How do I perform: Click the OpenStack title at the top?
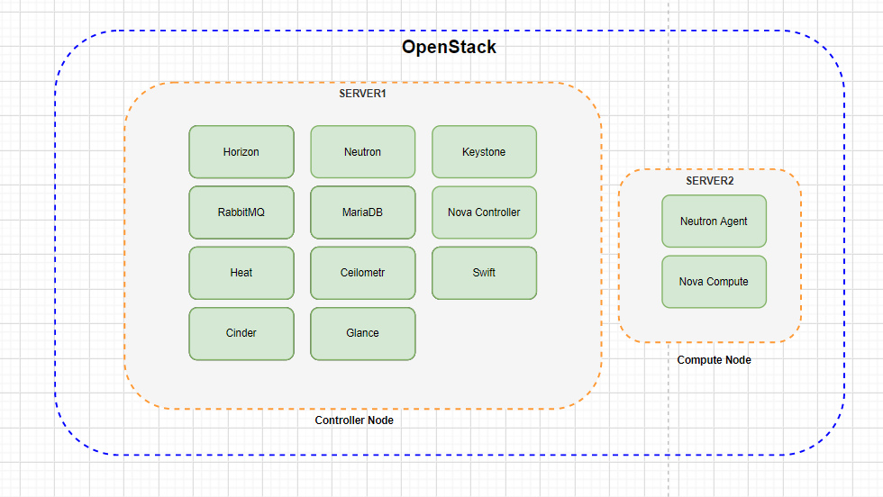pos(449,48)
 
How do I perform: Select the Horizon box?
pos(241,152)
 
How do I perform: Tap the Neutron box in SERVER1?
pos(362,152)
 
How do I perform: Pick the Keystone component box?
pos(484,152)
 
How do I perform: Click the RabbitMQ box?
pos(241,212)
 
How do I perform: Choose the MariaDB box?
pos(362,212)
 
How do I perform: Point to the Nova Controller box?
pos(484,212)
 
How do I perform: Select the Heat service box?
pos(241,273)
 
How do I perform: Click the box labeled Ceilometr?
pos(362,273)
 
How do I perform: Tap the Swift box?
pos(484,273)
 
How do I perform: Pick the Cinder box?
pos(241,333)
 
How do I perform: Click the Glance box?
pos(362,333)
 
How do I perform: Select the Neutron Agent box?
pos(714,221)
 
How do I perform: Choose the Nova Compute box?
pos(714,282)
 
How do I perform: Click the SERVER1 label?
pos(362,93)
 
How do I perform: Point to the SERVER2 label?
pos(710,181)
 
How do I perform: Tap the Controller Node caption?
pos(354,420)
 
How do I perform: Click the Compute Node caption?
pos(714,360)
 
